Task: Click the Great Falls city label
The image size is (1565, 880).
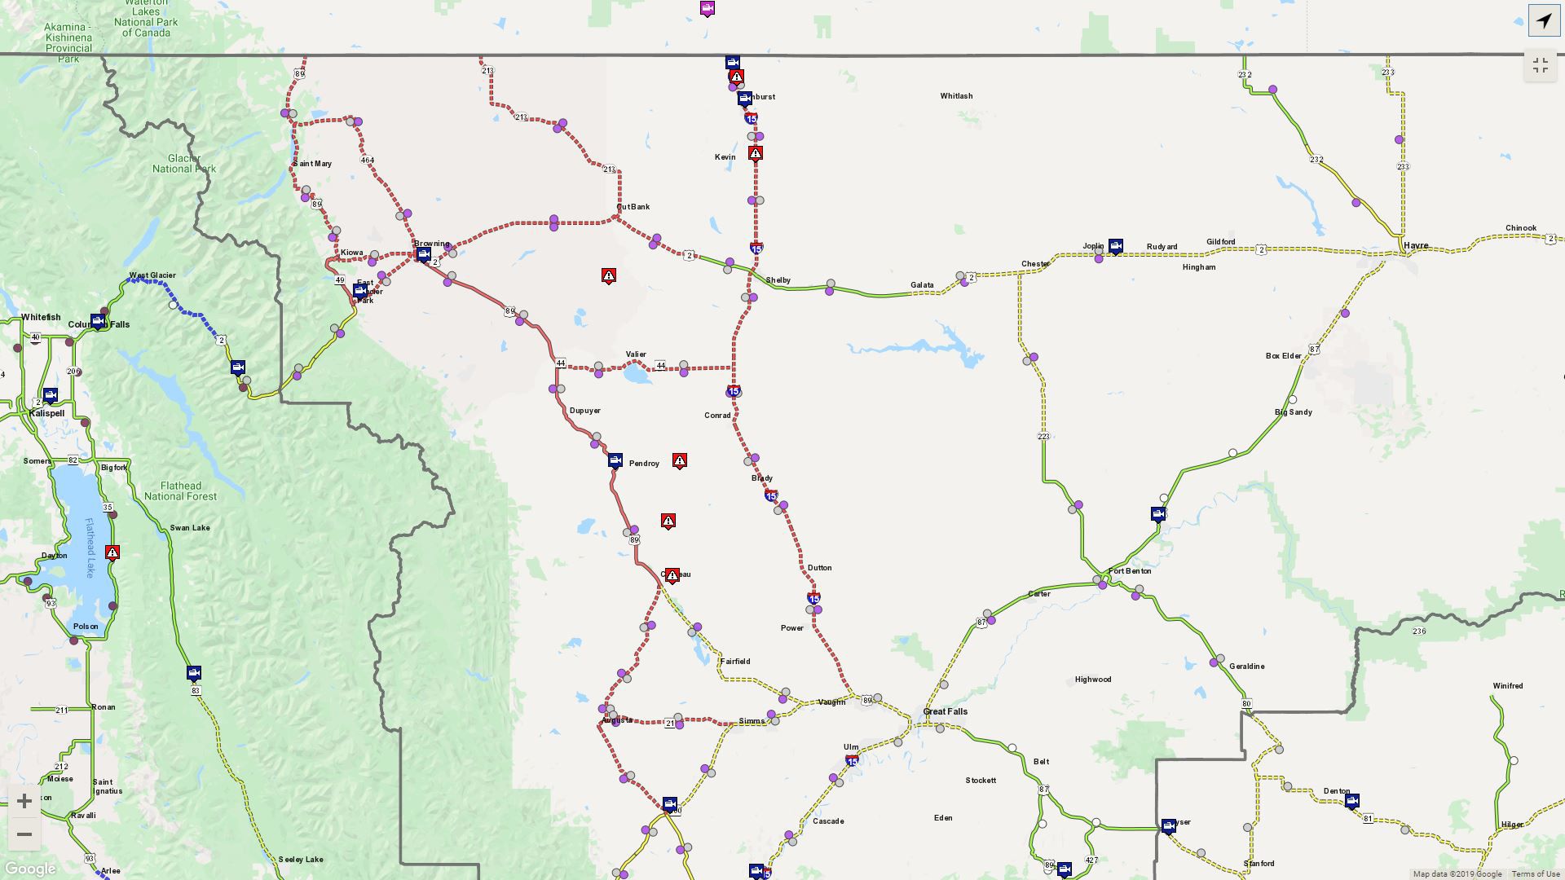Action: (945, 711)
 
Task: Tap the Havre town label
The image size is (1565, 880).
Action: (1416, 245)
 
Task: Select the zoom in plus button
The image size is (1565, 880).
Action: (24, 801)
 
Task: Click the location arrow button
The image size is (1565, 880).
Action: (1544, 20)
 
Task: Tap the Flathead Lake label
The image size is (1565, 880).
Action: (89, 548)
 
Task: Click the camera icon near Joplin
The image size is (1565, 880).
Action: (1116, 245)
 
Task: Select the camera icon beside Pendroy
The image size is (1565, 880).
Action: (615, 460)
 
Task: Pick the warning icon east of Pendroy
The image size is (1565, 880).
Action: (679, 460)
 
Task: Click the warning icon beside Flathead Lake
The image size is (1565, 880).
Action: (112, 552)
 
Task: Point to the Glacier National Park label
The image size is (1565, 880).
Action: (184, 164)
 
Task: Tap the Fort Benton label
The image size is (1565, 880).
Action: (1130, 571)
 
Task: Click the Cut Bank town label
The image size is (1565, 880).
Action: (633, 207)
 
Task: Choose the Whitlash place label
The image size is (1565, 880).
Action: (956, 96)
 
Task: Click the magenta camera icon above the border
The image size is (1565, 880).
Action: (708, 9)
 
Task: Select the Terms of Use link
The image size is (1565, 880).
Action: (1536, 874)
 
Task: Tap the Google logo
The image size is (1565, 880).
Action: (30, 869)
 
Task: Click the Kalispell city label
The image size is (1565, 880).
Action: (46, 413)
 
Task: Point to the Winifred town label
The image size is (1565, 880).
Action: (1507, 686)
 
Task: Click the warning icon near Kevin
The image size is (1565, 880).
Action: (756, 153)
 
